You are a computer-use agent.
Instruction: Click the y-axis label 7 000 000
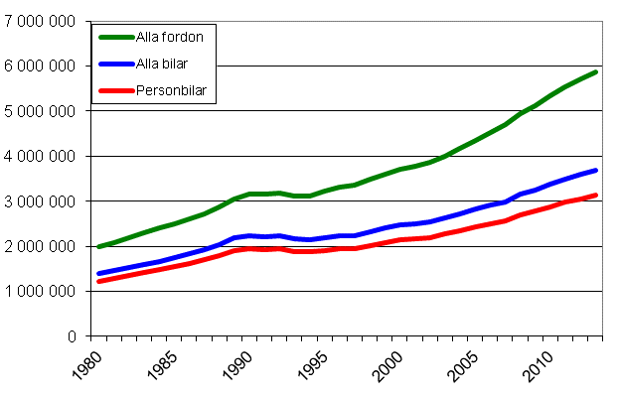click(40, 21)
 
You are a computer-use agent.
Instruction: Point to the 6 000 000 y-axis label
click(40, 66)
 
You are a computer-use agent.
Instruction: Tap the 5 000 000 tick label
click(40, 111)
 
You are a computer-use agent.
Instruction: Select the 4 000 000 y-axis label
click(40, 156)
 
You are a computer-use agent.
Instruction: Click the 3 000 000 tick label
click(40, 201)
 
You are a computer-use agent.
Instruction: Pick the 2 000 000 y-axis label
click(40, 246)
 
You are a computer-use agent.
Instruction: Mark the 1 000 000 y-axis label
click(40, 292)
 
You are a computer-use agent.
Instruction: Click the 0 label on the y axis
click(73, 336)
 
